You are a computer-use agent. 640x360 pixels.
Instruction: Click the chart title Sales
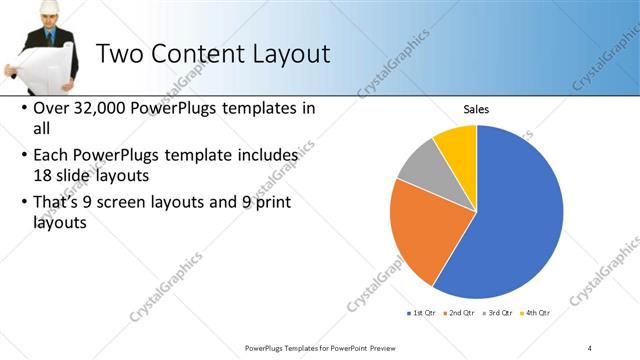pos(475,110)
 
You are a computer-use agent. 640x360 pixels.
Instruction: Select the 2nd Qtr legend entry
pos(458,313)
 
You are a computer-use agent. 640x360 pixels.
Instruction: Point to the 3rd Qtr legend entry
pos(495,313)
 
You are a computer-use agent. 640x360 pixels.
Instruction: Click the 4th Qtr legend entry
pos(532,313)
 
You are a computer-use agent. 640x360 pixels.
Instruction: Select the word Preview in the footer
pos(374,347)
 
